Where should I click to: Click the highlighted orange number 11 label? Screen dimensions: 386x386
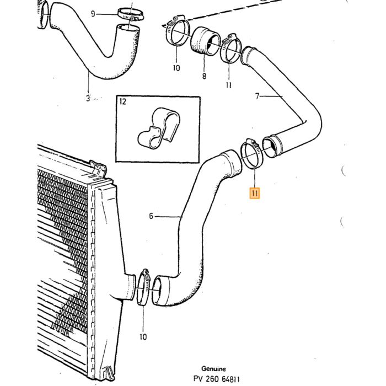[255, 193]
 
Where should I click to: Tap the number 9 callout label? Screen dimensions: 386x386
[93, 14]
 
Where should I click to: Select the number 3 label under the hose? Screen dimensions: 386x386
[88, 99]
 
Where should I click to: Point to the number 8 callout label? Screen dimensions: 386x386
[204, 76]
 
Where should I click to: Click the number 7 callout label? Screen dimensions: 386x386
[258, 96]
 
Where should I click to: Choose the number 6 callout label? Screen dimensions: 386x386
[151, 216]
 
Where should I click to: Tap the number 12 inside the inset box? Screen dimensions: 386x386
[122, 101]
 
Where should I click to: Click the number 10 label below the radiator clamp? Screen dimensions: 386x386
[143, 336]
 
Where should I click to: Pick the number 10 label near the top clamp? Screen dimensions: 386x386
[176, 68]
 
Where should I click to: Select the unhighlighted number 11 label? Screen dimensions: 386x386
[229, 85]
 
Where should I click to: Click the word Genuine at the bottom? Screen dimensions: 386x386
[213, 369]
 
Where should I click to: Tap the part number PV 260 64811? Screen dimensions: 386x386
[216, 379]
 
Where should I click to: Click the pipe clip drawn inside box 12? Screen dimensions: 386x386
[159, 128]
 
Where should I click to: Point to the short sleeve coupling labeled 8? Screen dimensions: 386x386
[206, 41]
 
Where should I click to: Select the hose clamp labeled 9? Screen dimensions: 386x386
[131, 14]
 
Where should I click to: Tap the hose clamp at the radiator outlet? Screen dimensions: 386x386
[143, 287]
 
